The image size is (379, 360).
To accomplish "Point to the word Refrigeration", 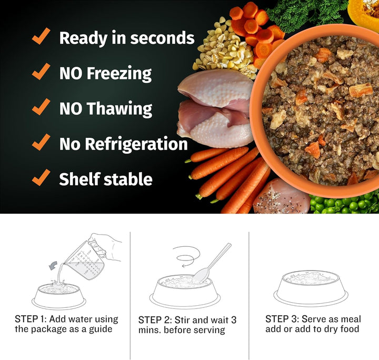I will pyautogui.click(x=140, y=144).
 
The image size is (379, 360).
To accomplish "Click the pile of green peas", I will pyautogui.click(x=342, y=204).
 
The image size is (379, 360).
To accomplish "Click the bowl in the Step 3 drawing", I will pyautogui.click(x=311, y=287).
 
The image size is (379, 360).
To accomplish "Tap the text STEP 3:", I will pyautogui.click(x=282, y=319).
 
